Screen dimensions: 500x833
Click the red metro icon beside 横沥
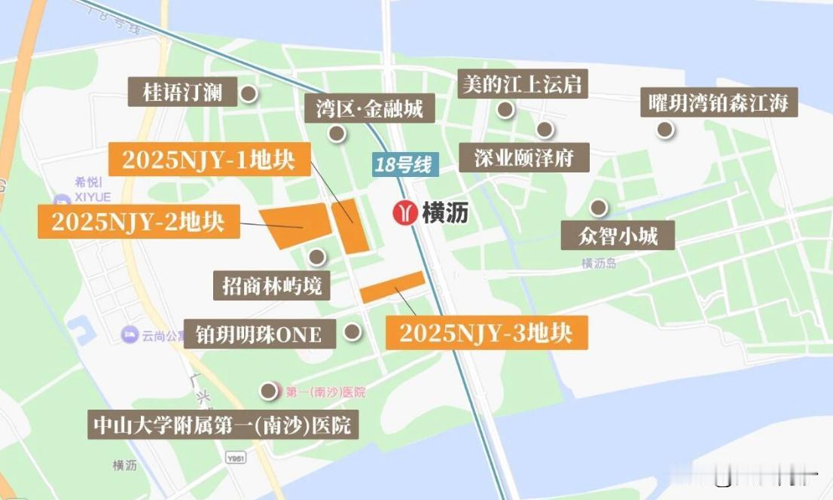[x=407, y=213]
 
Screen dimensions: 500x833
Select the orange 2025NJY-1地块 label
[x=209, y=159]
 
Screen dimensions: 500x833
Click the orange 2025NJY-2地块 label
[x=139, y=221]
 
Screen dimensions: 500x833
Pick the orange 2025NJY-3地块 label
[x=486, y=333]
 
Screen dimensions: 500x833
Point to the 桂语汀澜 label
[x=182, y=93]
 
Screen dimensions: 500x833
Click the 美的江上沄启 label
[x=523, y=84]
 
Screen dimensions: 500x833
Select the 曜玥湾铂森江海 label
[x=719, y=102]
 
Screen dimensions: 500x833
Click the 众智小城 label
[x=618, y=236]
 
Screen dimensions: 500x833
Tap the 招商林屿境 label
[x=272, y=285]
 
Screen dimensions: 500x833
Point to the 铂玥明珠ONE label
[x=258, y=334]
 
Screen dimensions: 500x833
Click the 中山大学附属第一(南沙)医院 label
[x=222, y=425]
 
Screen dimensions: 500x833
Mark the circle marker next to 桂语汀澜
[x=248, y=94]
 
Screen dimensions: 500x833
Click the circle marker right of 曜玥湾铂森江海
[x=665, y=130]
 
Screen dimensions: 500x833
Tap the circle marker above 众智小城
[x=599, y=207]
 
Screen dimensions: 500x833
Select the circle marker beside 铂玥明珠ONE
[x=352, y=331]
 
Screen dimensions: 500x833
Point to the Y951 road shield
[x=236, y=458]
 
